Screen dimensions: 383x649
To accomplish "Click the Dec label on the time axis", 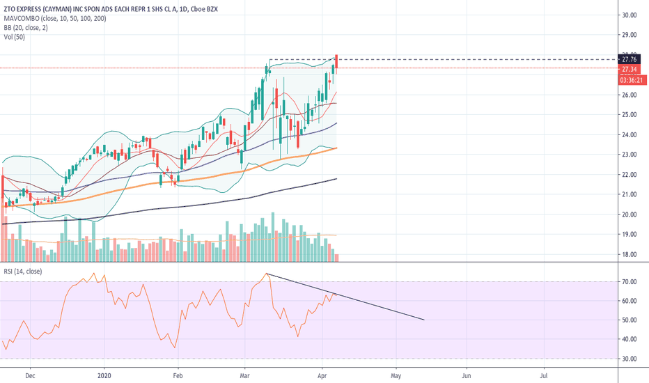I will click(30, 373).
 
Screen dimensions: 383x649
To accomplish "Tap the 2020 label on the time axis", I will click(104, 373).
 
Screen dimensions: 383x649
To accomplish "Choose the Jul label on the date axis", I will click(545, 373).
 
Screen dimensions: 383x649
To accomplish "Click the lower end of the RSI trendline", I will click(424, 320).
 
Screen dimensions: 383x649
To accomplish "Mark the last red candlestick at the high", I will click(336, 55).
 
